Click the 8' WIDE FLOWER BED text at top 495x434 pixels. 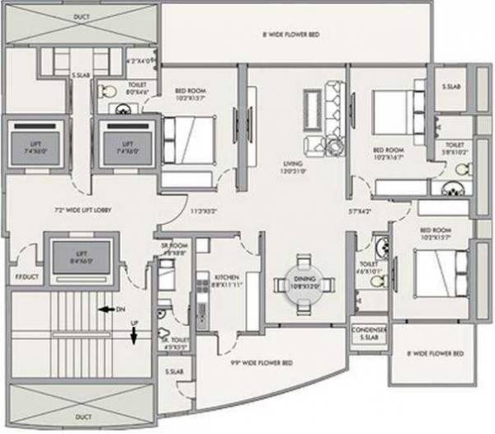[x=291, y=35]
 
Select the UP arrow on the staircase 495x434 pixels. [x=133, y=334]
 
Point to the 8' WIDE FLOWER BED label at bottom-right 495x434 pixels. [x=436, y=353]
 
